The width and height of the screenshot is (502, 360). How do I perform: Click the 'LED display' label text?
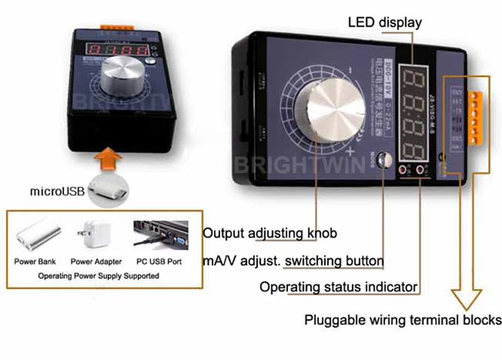(385, 23)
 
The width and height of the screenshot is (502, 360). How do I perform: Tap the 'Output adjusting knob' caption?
(270, 233)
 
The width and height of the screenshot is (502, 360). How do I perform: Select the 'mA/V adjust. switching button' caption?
(293, 260)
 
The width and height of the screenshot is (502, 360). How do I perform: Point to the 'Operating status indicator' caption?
(339, 287)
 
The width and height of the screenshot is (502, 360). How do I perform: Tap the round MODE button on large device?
(384, 158)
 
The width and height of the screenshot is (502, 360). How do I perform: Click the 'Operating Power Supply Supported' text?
(99, 275)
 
